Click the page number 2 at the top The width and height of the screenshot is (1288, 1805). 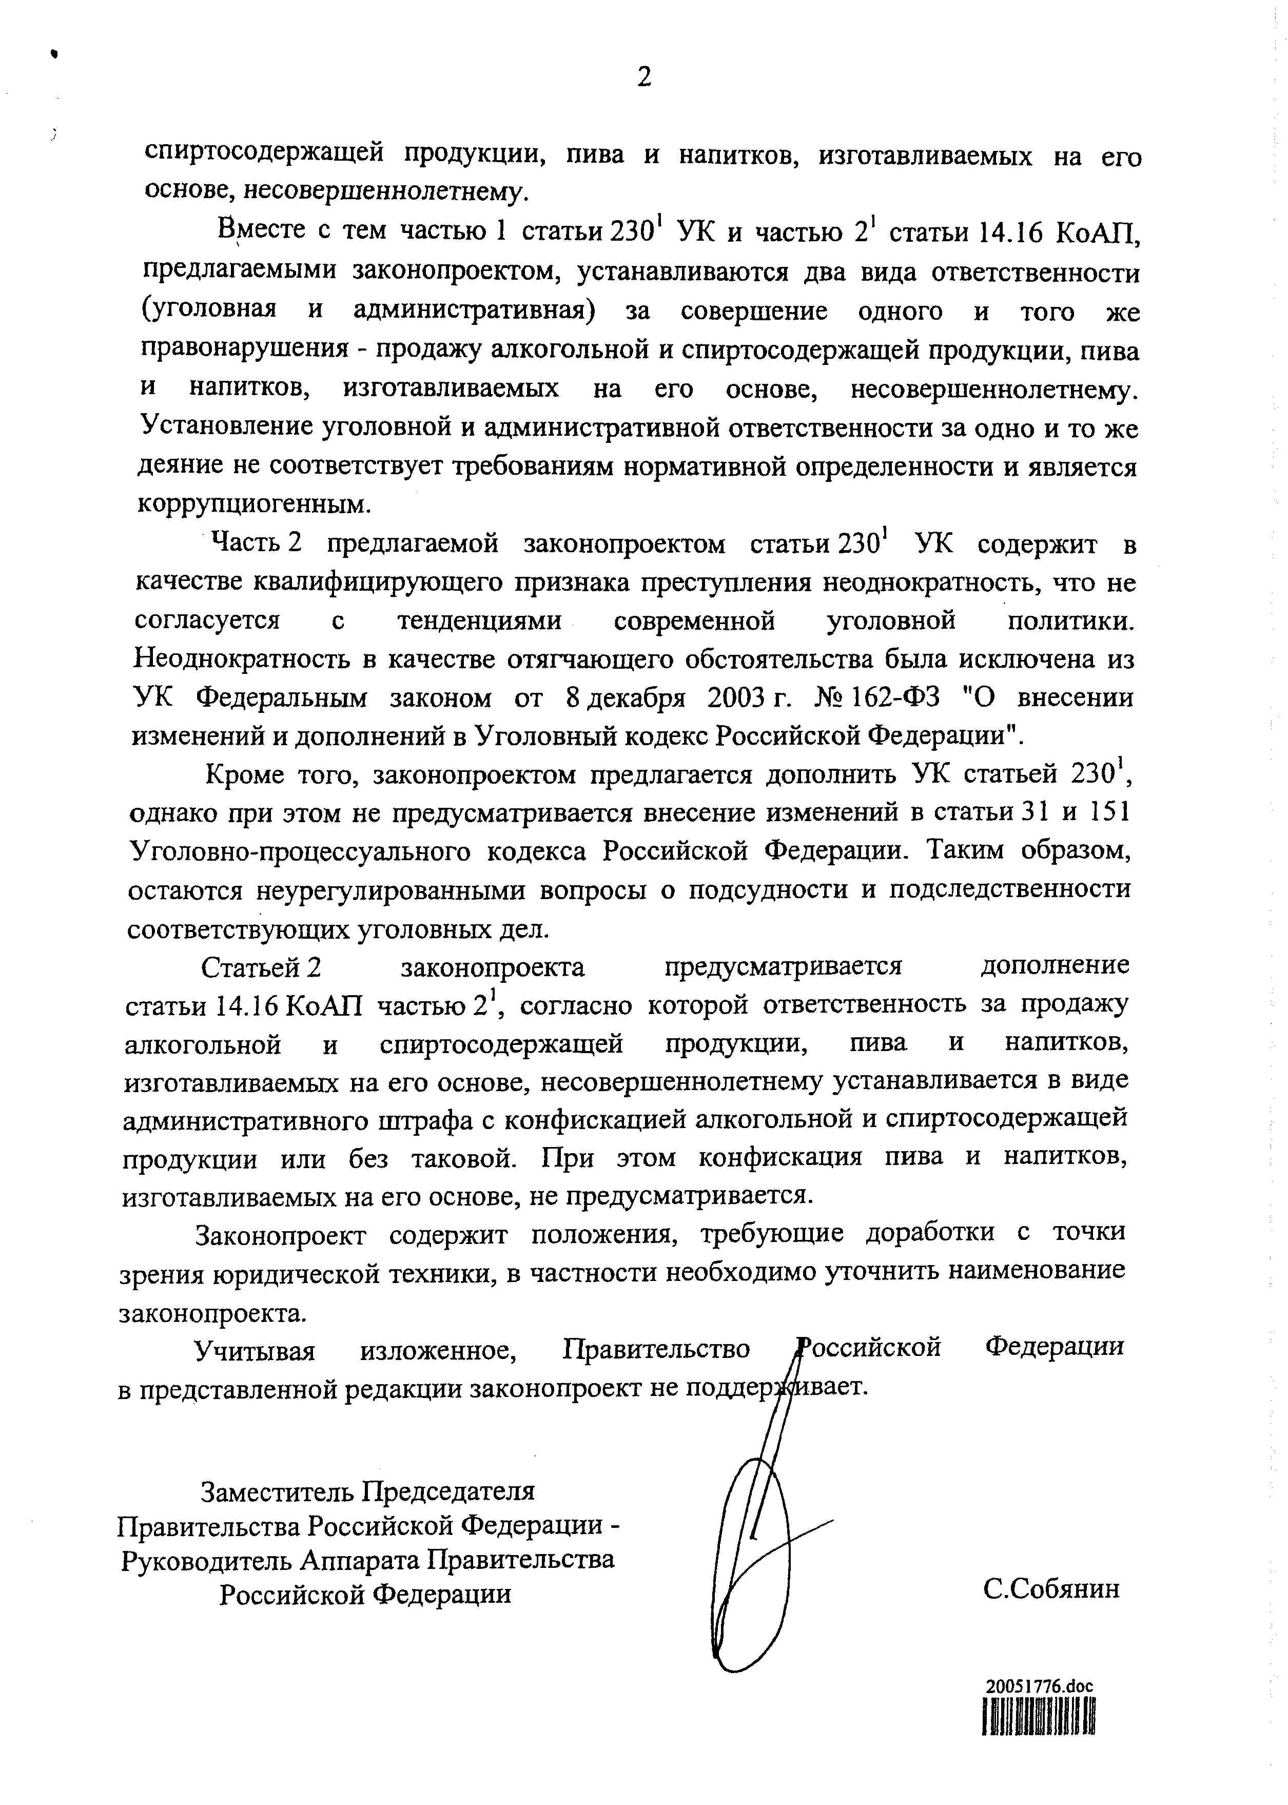point(644,77)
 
